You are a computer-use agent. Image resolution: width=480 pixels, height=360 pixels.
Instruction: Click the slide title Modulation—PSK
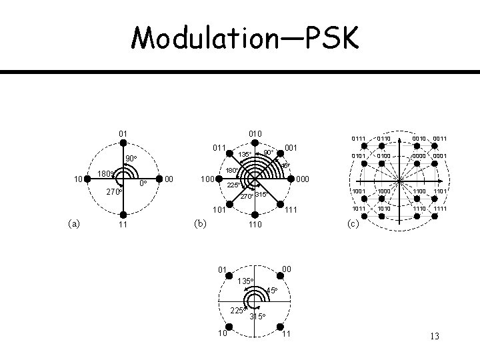tap(244, 38)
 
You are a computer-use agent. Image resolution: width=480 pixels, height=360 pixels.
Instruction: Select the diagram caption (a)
tap(74, 224)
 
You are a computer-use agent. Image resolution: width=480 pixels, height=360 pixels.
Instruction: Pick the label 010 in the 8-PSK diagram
tap(255, 133)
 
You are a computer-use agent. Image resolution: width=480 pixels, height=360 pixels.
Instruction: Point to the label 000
tap(303, 179)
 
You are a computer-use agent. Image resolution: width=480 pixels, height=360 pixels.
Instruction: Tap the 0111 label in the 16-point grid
tap(361, 139)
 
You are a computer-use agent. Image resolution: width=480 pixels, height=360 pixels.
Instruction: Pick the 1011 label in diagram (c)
tap(361, 209)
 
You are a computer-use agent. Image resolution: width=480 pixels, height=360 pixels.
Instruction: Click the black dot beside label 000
tap(291, 179)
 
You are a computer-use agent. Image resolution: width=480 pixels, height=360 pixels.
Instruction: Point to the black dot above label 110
tap(255, 215)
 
